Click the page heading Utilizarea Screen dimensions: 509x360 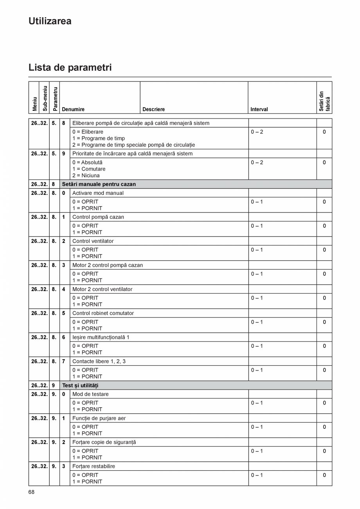(x=50, y=21)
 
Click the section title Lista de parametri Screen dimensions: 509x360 (x=70, y=67)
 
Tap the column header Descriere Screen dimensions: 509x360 (x=153, y=110)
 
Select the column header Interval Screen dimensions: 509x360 (x=259, y=110)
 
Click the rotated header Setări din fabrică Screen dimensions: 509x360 (x=324, y=101)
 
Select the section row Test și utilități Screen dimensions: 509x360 (x=80, y=385)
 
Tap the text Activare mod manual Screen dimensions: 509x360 (x=98, y=193)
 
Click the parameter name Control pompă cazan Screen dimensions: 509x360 (x=98, y=217)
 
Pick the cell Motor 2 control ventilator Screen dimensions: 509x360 (x=102, y=289)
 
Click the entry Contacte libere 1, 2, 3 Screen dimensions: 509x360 (x=99, y=362)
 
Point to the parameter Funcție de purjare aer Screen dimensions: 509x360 (x=99, y=418)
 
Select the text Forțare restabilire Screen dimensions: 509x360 (x=94, y=466)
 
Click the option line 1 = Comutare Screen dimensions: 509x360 (x=89, y=169)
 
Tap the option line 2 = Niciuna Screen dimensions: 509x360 (x=86, y=176)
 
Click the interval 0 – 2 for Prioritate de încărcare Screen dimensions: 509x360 (x=257, y=162)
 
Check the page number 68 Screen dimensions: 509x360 (x=31, y=492)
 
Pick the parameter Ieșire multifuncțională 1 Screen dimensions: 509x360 (x=101, y=337)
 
